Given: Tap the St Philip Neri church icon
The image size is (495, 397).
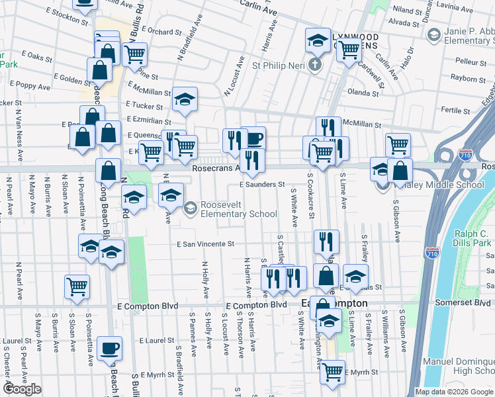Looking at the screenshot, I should coord(315,66).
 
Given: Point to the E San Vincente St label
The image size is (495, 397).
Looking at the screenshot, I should coord(206,243).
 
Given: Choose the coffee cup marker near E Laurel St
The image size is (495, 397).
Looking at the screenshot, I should coord(110,347).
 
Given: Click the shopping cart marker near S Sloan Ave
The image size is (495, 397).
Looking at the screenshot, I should coord(77,287).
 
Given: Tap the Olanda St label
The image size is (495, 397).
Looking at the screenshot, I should coord(363,93).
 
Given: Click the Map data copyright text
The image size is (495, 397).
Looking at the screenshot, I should coord(453,392).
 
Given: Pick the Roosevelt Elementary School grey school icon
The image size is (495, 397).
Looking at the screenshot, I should coord(191,208).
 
